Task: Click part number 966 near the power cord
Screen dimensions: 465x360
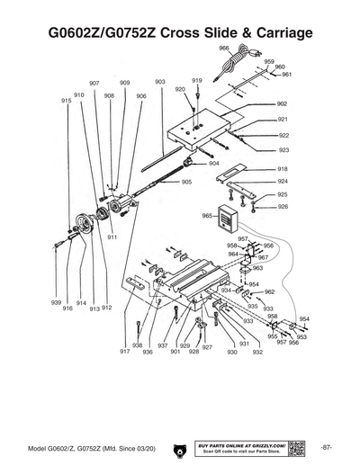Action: click(x=223, y=47)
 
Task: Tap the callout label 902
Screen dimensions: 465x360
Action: click(x=283, y=104)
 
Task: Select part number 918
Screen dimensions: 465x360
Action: click(x=283, y=169)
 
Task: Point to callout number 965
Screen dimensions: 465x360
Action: click(x=206, y=216)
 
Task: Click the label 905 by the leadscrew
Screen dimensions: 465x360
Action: click(x=186, y=182)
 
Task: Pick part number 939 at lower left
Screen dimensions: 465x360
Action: click(x=56, y=303)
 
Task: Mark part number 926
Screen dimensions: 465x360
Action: click(x=283, y=207)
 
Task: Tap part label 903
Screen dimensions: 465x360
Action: click(x=160, y=82)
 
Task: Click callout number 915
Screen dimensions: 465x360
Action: click(x=66, y=101)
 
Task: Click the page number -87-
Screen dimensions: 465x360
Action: click(x=326, y=447)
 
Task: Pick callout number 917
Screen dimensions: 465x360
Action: click(x=124, y=352)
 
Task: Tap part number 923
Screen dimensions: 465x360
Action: click(x=283, y=150)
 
